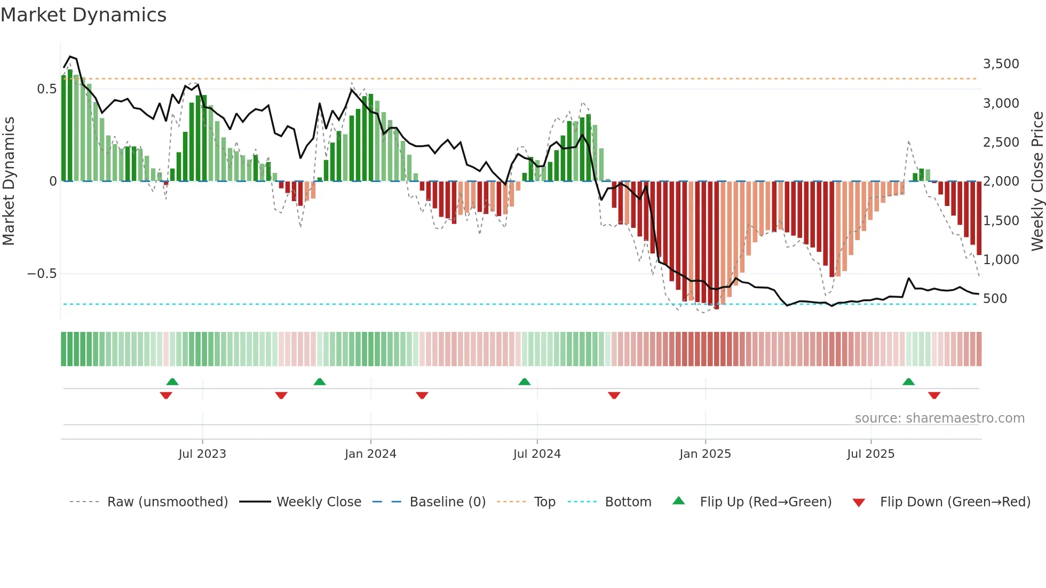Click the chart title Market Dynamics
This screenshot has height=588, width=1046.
pos(84,15)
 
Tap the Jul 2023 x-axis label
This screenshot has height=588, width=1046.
pos(202,454)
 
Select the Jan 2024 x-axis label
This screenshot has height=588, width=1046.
pos(370,454)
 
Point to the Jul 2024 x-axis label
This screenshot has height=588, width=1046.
pos(537,454)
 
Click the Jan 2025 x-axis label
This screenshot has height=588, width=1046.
pos(705,454)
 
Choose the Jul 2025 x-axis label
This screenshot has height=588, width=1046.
pos(870,454)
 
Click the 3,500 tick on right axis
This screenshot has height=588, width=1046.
pos(1001,64)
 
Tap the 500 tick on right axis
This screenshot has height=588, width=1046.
pos(995,299)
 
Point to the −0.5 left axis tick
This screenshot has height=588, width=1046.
pos(42,274)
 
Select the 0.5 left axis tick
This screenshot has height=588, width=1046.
pos(46,89)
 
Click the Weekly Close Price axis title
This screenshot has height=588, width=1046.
pos(1037,181)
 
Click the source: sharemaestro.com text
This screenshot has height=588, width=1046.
pos(939,418)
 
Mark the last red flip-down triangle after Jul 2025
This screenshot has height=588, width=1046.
pos(934,395)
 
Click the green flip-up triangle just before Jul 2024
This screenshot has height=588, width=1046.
pos(525,382)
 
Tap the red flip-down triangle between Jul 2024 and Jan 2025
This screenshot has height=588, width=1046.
pos(614,395)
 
